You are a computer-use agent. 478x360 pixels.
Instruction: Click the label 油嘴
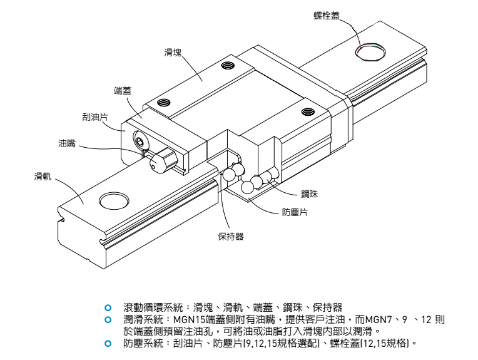67,143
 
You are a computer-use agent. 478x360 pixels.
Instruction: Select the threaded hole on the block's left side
165,103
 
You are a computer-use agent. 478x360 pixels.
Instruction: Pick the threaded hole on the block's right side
307,112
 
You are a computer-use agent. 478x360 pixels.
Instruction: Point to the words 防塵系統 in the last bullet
141,343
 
